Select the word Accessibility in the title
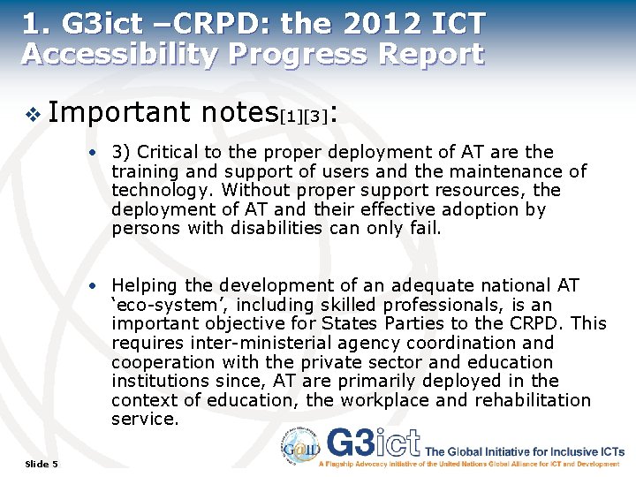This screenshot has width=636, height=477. [x=119, y=53]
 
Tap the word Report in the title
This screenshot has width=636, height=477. [x=430, y=53]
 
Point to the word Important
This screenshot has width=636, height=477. [x=120, y=112]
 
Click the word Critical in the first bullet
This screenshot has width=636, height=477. [x=168, y=152]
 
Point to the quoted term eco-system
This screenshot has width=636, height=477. [x=157, y=305]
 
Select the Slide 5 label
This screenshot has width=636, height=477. [x=42, y=464]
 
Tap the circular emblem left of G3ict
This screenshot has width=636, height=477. [x=302, y=444]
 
